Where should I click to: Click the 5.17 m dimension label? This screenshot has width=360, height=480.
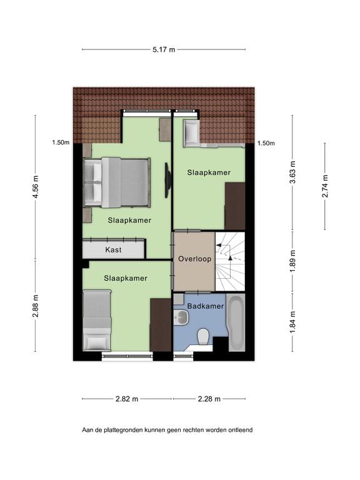164,49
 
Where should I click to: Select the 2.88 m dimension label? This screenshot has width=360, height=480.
36,306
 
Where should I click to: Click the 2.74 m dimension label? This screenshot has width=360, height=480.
324,186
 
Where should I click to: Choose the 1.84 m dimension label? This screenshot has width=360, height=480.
292,326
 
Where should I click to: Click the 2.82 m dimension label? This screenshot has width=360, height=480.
127,399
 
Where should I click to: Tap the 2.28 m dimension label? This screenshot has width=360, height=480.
209,399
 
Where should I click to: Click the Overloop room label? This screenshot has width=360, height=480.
194,259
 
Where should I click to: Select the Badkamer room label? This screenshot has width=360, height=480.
205,306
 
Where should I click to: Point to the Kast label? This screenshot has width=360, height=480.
114,250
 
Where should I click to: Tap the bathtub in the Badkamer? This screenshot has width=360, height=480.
236,323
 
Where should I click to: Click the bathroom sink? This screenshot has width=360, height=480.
181,319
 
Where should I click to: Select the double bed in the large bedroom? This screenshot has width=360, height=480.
117,182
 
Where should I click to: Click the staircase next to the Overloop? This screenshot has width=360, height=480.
229,261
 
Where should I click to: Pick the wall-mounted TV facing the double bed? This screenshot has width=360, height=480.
167,181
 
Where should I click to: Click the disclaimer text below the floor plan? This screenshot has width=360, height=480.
167,430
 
